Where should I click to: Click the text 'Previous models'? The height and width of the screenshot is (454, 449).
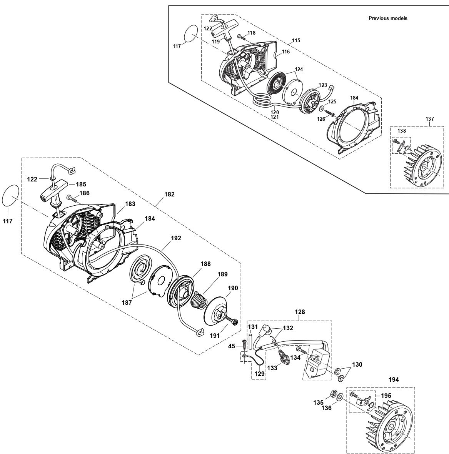click(x=387, y=18)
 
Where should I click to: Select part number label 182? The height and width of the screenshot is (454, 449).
click(x=170, y=195)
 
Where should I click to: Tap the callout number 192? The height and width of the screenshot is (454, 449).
click(x=176, y=238)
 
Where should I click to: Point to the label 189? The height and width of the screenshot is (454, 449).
click(x=222, y=274)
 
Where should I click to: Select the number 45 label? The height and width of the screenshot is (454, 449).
click(x=232, y=346)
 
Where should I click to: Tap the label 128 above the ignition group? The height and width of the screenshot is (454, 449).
click(x=300, y=312)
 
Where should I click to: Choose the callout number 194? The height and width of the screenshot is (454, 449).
click(x=394, y=379)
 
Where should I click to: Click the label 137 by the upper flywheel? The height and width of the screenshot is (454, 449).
click(x=430, y=119)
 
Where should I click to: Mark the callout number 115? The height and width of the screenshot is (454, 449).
click(x=296, y=40)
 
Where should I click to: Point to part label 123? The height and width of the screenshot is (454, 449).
click(x=322, y=85)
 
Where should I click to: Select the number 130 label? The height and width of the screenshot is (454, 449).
click(x=357, y=364)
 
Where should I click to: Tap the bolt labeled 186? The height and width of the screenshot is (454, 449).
click(x=72, y=198)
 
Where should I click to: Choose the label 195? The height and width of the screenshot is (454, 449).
click(x=386, y=396)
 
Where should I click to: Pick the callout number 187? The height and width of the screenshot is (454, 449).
click(x=127, y=303)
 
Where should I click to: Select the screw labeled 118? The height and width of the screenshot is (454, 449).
click(x=240, y=36)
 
